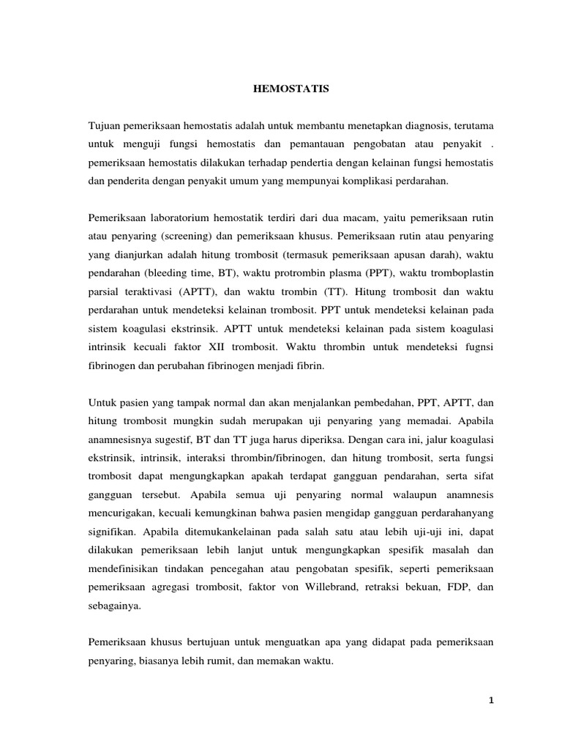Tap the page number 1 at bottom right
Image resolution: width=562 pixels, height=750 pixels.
point(492,701)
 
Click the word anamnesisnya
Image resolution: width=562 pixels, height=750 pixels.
point(121,440)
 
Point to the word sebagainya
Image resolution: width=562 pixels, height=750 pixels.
point(114,607)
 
